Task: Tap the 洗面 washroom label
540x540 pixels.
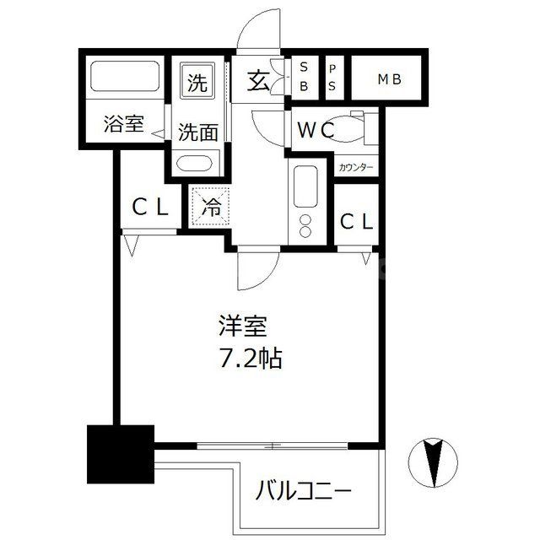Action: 198,132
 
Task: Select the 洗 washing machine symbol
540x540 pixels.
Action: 197,83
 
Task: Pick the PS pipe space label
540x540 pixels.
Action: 332,77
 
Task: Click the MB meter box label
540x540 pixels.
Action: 389,80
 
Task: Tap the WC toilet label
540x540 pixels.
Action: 316,132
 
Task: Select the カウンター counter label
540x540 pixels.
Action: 357,167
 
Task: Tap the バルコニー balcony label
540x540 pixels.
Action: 303,489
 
